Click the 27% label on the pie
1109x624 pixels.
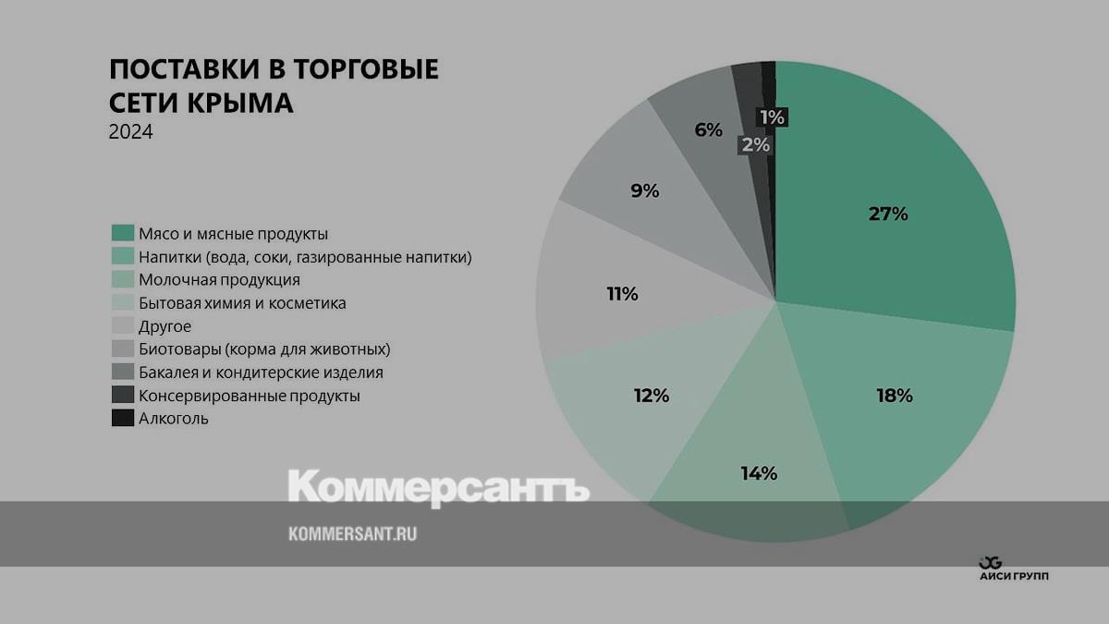tap(888, 214)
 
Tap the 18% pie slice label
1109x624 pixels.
tap(894, 396)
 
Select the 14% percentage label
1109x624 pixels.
tap(758, 473)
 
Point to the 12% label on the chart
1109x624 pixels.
tap(651, 396)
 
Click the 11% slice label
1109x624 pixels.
tap(622, 294)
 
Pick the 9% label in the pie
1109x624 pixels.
tap(644, 191)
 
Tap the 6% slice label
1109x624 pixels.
tap(708, 130)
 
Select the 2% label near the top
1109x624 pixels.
tap(754, 144)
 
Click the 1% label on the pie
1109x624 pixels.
tap(771, 117)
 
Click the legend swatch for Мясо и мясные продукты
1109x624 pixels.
tap(123, 234)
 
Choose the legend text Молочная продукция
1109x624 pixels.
tap(219, 280)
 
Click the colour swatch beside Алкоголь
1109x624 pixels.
tap(123, 419)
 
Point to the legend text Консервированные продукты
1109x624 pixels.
tap(249, 396)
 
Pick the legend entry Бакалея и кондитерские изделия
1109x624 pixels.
tap(261, 373)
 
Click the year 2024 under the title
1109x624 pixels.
tap(130, 132)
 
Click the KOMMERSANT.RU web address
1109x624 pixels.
tap(352, 533)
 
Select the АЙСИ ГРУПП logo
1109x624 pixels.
tap(1013, 569)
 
